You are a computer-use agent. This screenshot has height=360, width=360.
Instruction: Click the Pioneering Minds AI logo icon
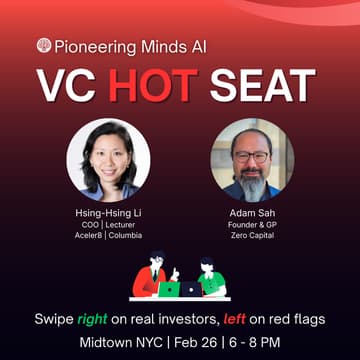[x=43, y=45]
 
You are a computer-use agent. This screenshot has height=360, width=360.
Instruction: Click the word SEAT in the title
[x=275, y=86]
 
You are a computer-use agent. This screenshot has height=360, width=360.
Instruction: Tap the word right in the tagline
[x=93, y=319]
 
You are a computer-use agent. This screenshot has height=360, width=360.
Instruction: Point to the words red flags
[x=302, y=319]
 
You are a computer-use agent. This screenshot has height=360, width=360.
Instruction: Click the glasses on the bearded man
[x=251, y=156]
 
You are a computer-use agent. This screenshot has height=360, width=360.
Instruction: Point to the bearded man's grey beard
[x=251, y=183]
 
